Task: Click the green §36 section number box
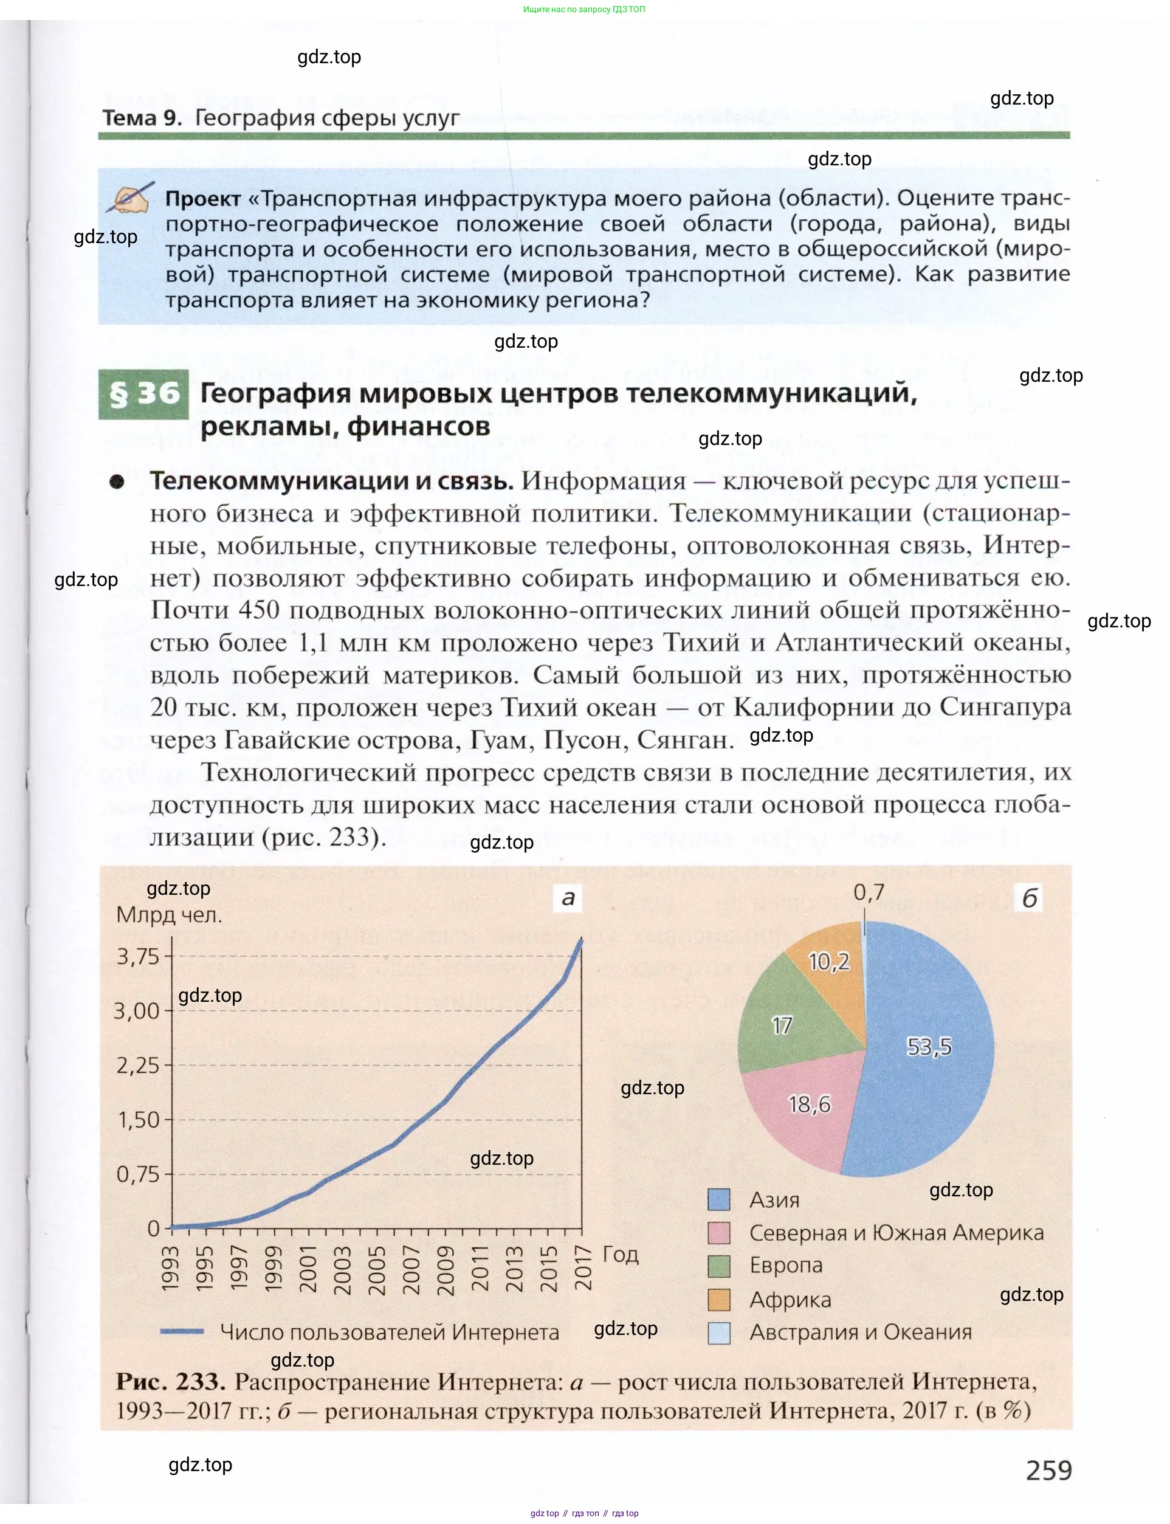[143, 395]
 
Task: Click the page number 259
[1048, 1470]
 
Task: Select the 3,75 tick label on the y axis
[138, 956]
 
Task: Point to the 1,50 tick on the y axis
[138, 1119]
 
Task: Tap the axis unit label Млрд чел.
[169, 914]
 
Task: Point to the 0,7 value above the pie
[869, 892]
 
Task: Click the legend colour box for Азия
[718, 1199]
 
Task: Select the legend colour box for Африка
[718, 1300]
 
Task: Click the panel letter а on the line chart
[568, 897]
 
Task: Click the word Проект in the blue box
[202, 199]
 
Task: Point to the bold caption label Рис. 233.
[171, 1381]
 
